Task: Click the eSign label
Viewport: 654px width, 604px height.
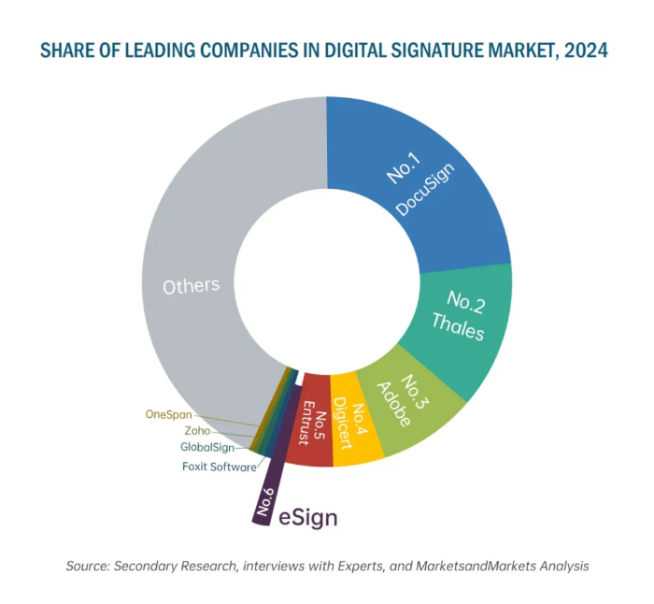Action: (x=308, y=517)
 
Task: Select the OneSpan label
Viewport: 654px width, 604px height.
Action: (x=169, y=413)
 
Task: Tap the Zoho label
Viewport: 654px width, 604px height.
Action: (x=197, y=431)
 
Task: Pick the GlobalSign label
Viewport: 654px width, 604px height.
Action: (x=207, y=448)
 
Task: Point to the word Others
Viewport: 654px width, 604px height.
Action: (x=191, y=286)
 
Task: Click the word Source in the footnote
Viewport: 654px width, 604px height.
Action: (x=87, y=567)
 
